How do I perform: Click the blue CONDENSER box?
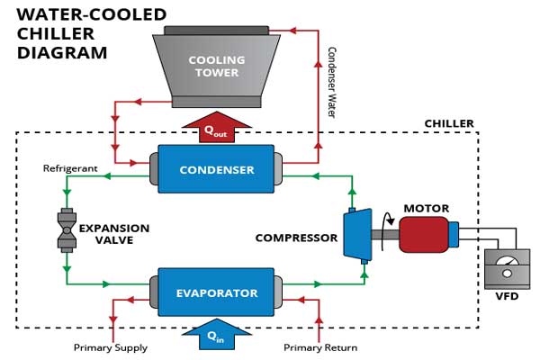tap(216, 169)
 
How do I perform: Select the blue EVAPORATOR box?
tap(216, 292)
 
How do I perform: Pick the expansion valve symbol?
tap(66, 229)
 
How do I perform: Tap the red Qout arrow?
tap(216, 128)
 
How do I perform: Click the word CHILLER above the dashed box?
tap(449, 124)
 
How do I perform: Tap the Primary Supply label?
tap(111, 347)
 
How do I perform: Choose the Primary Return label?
tap(320, 347)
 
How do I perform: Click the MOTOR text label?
tap(426, 208)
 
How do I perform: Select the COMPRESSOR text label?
tap(296, 238)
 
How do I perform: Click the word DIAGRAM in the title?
tap(64, 53)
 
